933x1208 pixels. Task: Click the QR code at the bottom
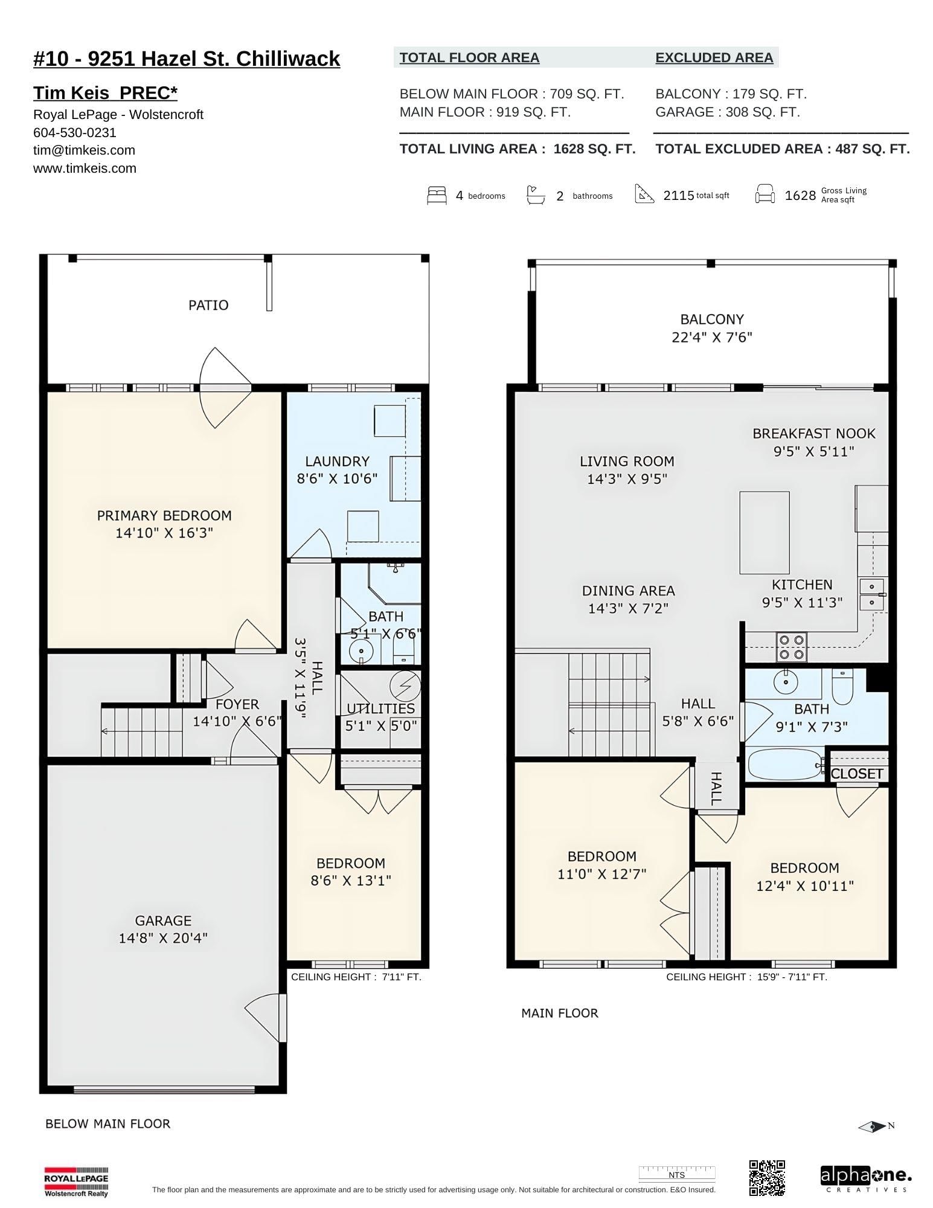[767, 1178]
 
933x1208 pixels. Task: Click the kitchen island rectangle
[765, 532]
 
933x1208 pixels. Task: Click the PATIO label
[208, 305]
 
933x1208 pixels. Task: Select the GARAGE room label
[163, 920]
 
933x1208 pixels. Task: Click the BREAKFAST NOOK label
[813, 433]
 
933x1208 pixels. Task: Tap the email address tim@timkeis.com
[84, 150]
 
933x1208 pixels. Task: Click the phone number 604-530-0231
[75, 132]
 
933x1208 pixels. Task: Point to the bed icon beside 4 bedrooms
[437, 196]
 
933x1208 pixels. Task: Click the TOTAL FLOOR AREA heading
[469, 57]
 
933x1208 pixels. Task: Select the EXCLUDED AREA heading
[714, 57]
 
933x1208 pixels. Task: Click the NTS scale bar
[677, 1174]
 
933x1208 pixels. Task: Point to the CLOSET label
[857, 774]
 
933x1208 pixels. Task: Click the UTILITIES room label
[381, 708]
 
